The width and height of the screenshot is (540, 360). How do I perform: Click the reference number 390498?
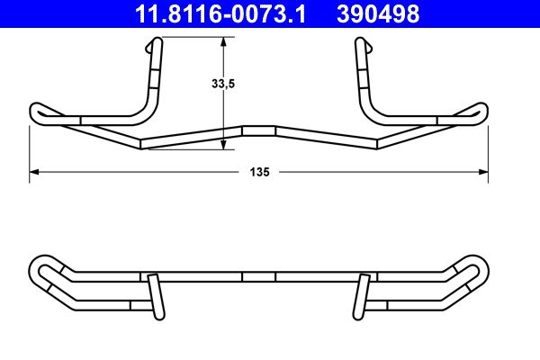click(378, 13)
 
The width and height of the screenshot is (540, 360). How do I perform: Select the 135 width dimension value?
click(260, 170)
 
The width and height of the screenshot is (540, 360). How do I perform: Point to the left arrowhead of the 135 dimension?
click(33, 170)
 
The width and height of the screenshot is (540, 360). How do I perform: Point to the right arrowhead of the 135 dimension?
click(485, 170)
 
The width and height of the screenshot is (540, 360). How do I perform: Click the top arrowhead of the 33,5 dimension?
click(223, 40)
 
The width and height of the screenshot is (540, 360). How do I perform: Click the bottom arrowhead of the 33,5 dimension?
click(223, 146)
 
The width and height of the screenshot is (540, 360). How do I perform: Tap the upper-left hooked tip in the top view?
click(157, 45)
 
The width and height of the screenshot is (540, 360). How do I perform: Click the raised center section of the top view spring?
click(259, 130)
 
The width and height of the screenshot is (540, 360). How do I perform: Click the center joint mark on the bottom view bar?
click(259, 276)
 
